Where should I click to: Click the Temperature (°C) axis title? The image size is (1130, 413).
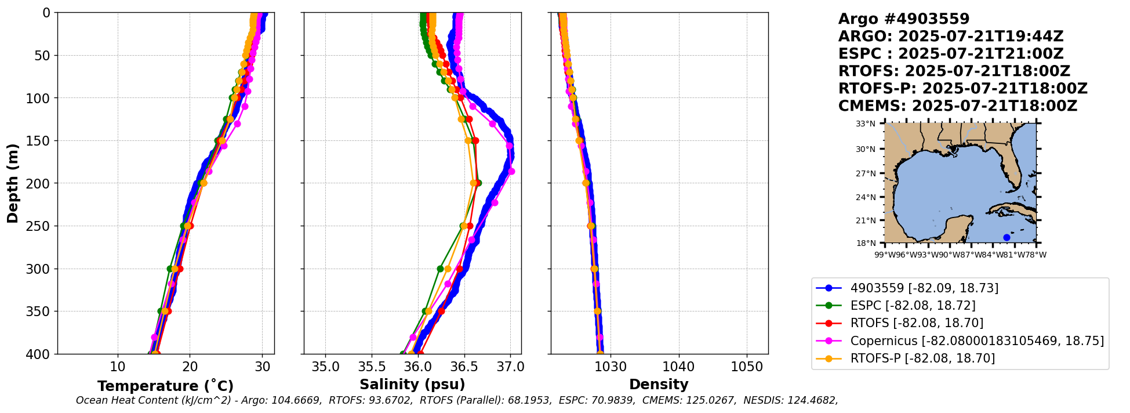coord(165,386)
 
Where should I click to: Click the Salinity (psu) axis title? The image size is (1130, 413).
coord(412,385)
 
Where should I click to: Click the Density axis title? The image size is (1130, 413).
coord(659,385)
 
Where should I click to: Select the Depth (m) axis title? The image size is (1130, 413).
coord(12,183)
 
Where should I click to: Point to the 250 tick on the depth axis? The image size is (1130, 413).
coord(41,226)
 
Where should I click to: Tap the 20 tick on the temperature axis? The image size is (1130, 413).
coord(190,367)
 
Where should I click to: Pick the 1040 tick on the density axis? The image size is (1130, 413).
coord(678,367)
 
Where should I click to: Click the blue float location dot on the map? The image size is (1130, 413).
coord(1007,237)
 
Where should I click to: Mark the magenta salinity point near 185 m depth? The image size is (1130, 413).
coord(511,171)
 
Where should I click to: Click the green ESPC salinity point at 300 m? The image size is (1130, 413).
coord(440,269)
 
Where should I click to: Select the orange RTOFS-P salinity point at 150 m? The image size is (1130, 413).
coord(468,140)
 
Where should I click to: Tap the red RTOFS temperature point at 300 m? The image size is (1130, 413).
coord(180,269)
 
